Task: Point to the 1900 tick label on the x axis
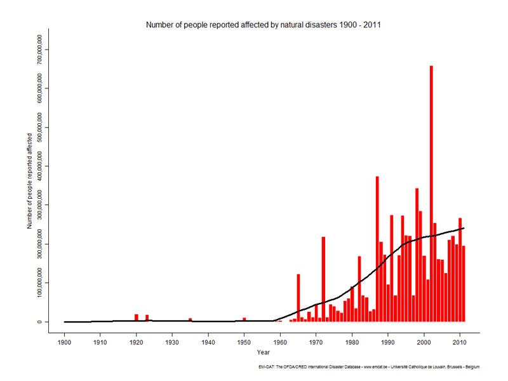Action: click(64, 342)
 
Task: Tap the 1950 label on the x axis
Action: click(244, 342)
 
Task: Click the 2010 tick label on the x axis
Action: click(460, 342)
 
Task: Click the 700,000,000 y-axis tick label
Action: click(40, 49)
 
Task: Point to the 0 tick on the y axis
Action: click(40, 322)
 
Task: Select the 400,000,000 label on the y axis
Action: click(40, 166)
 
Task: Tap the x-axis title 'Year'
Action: click(262, 352)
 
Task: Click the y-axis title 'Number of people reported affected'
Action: click(29, 180)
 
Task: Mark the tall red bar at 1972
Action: click(323, 279)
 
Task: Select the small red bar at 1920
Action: click(136, 317)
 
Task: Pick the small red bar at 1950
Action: click(244, 319)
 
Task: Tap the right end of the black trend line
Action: click(464, 228)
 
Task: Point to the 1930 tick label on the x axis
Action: click(172, 342)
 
